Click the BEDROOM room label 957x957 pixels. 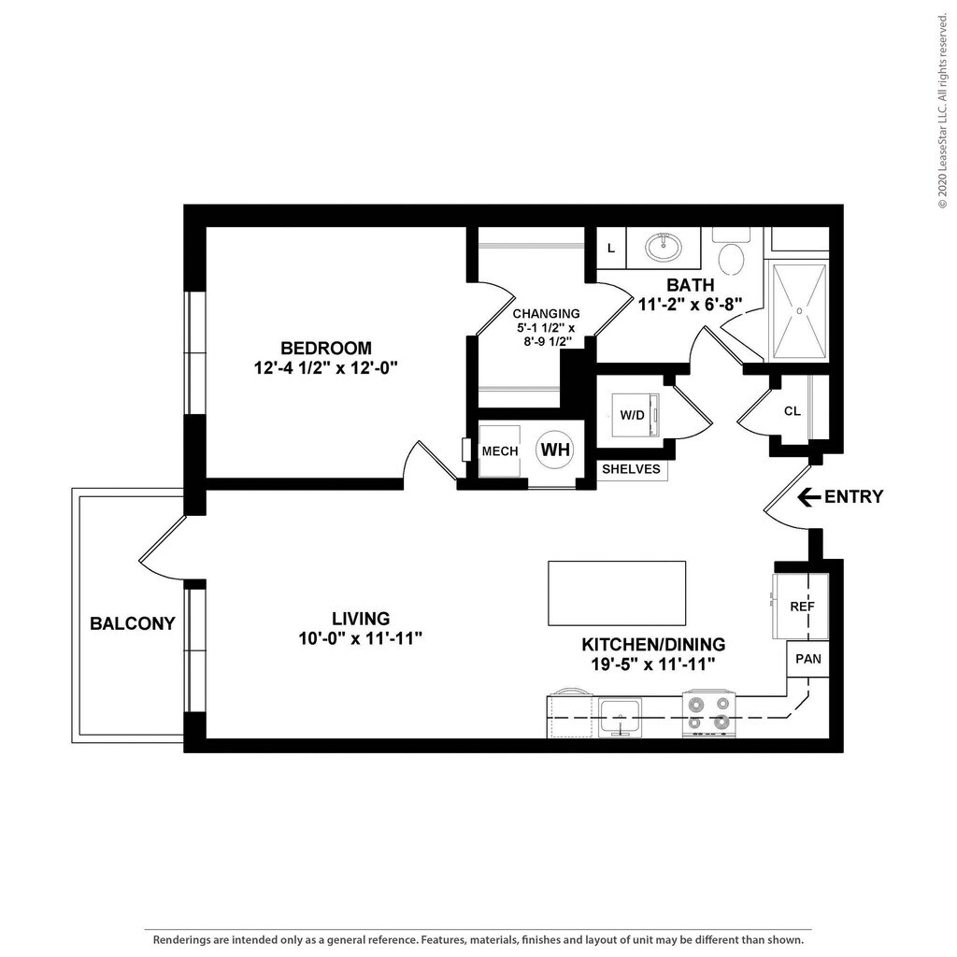(x=326, y=348)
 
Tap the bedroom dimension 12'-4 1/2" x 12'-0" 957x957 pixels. (x=326, y=368)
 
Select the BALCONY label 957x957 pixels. (x=133, y=623)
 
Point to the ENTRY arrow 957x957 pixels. (x=808, y=497)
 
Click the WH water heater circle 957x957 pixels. (x=555, y=450)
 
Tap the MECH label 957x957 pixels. (x=500, y=451)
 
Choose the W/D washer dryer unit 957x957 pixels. (x=636, y=415)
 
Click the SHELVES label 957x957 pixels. (x=631, y=469)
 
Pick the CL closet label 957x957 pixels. (x=793, y=411)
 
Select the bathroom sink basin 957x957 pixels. (x=664, y=247)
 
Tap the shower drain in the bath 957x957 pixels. (x=798, y=310)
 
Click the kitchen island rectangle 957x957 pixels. (x=617, y=593)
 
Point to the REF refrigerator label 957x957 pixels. (x=802, y=607)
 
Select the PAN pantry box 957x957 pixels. (x=807, y=659)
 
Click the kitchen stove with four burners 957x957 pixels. (x=708, y=713)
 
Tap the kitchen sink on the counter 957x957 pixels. (x=620, y=717)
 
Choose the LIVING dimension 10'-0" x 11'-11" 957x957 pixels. (x=361, y=638)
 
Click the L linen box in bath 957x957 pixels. (x=611, y=248)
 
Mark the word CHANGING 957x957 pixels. (x=546, y=314)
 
